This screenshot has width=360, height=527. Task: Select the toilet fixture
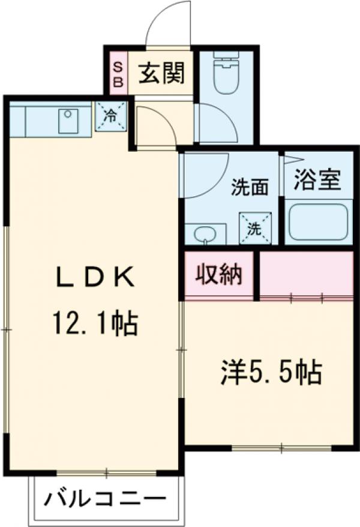tap(226, 74)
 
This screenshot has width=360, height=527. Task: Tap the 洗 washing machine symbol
tap(254, 228)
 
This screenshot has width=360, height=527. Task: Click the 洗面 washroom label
tap(250, 188)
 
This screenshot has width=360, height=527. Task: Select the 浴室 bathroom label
tap(317, 179)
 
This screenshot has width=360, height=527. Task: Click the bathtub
tap(318, 221)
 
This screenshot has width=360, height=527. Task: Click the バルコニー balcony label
tap(105, 499)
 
